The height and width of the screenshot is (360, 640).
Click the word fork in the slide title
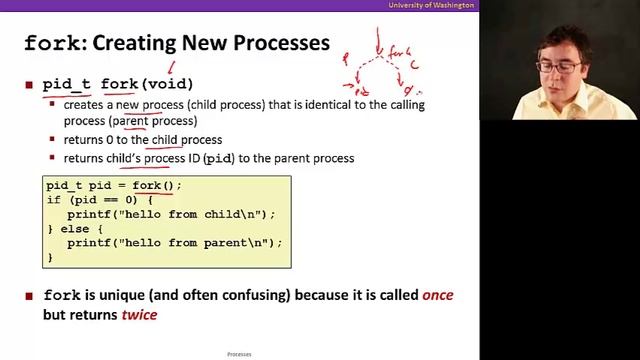click(x=50, y=43)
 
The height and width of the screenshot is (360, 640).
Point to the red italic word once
click(x=441, y=296)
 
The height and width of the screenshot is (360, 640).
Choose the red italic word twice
click(x=139, y=315)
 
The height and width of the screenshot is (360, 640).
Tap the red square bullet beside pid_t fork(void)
click(x=29, y=84)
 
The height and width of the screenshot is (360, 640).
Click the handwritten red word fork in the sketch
click(x=399, y=52)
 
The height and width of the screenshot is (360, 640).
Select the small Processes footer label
click(x=239, y=354)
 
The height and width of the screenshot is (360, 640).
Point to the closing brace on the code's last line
click(x=50, y=257)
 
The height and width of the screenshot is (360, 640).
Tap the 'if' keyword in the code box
click(x=53, y=200)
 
